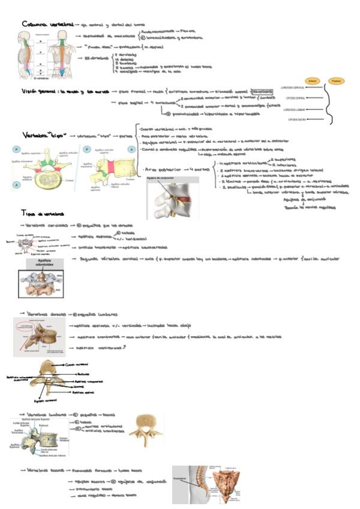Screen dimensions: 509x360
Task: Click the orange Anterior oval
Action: click(311, 80)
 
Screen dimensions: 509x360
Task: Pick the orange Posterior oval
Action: click(337, 80)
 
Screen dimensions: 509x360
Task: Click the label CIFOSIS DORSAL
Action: click(298, 100)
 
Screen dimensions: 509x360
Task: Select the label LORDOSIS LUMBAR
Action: click(297, 110)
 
